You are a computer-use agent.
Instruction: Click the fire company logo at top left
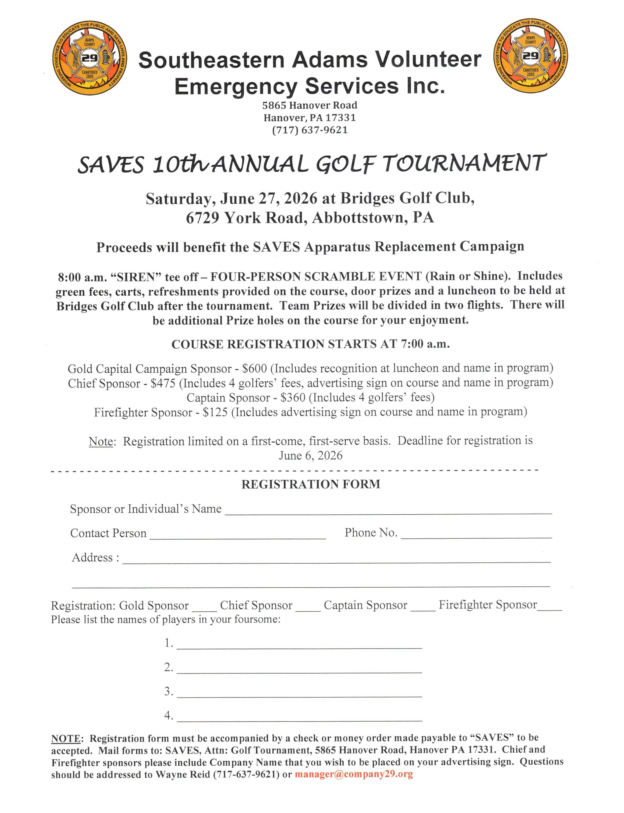coord(90,58)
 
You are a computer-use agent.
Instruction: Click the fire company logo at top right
coord(530,58)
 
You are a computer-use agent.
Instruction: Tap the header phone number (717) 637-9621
coord(310,130)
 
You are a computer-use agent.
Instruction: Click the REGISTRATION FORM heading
coord(311,484)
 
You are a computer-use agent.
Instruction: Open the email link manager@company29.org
coord(354,774)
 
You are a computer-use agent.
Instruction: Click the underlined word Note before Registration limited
coord(101,441)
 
